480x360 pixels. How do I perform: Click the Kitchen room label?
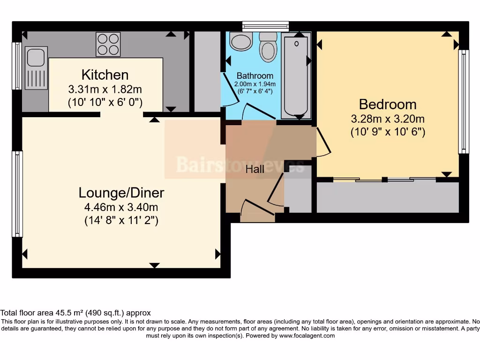pyautogui.click(x=105, y=75)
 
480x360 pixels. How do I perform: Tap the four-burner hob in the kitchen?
pyautogui.click(x=108, y=44)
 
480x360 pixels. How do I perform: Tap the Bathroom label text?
pyautogui.click(x=255, y=75)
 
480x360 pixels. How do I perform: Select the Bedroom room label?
pyautogui.click(x=387, y=104)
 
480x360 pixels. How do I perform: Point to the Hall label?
pyautogui.click(x=255, y=170)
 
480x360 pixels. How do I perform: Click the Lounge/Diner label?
pyautogui.click(x=121, y=193)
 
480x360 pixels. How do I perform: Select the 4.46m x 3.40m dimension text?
pyautogui.click(x=121, y=207)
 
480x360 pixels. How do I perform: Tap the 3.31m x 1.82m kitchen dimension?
pyautogui.click(x=105, y=88)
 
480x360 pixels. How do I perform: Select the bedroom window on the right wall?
pyautogui.click(x=464, y=101)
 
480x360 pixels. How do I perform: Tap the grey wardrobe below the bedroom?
pyautogui.click(x=387, y=197)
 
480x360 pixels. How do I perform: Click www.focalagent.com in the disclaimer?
pyautogui.click(x=307, y=336)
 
